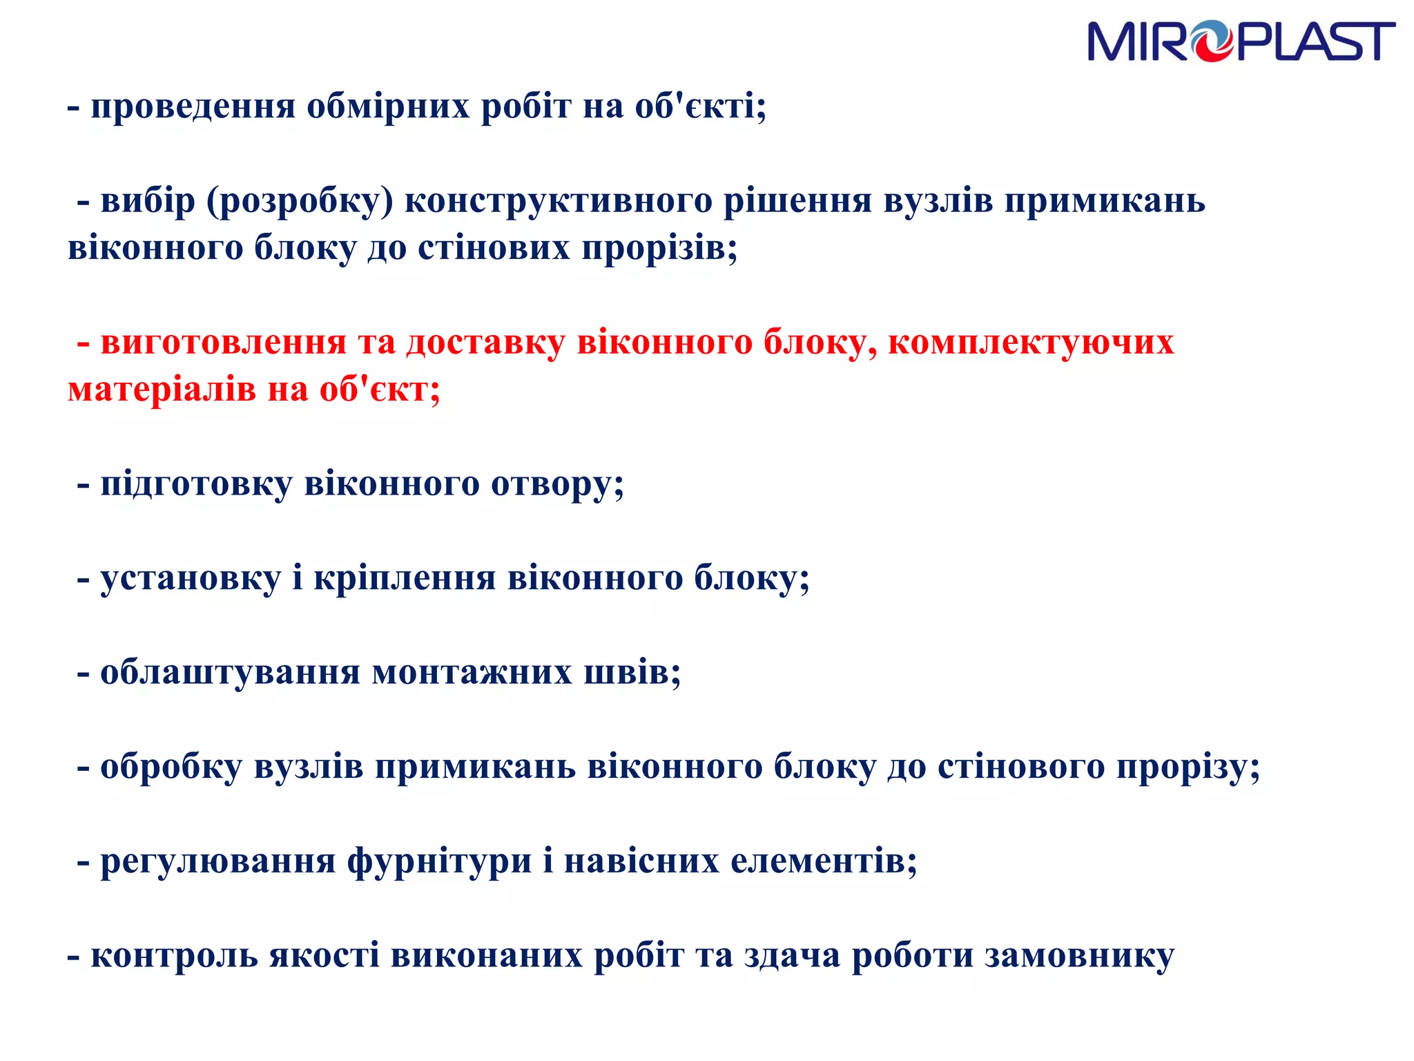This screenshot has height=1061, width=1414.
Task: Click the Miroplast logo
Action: (1241, 41)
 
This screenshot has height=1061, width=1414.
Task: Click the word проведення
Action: (193, 107)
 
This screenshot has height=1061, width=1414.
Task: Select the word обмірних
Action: (388, 107)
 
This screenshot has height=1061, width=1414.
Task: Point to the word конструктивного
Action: (558, 202)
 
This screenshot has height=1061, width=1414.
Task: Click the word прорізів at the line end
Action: (659, 249)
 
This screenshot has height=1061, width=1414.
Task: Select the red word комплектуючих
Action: (1030, 343)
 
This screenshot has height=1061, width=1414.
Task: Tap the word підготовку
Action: (196, 484)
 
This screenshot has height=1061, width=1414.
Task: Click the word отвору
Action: (556, 484)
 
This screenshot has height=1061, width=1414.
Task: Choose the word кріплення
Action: (405, 578)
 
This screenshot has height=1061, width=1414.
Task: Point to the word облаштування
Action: (230, 673)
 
